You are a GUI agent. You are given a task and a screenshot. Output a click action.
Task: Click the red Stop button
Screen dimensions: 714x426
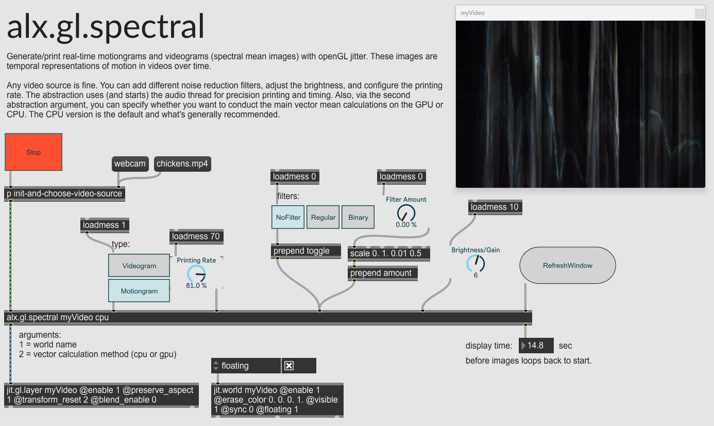tap(33, 152)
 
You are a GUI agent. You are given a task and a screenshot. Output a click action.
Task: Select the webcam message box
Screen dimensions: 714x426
tap(130, 164)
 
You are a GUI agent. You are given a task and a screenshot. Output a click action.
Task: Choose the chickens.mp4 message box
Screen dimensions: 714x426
tap(183, 164)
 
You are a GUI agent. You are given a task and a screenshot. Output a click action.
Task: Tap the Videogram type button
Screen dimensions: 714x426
tap(139, 266)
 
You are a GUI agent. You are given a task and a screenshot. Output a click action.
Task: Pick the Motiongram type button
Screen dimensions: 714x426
tap(139, 291)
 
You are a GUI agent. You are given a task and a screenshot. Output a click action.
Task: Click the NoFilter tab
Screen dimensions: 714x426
tap(288, 217)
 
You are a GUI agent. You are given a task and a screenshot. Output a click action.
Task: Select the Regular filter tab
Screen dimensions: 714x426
tap(324, 217)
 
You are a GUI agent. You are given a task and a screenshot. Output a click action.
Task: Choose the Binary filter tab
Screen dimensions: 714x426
tap(358, 217)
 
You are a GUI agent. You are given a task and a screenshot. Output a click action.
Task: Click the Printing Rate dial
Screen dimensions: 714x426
tap(196, 274)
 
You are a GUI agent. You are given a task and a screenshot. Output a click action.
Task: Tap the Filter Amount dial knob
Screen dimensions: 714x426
tap(406, 213)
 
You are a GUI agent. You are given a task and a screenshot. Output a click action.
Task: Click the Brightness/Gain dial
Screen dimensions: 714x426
tap(475, 264)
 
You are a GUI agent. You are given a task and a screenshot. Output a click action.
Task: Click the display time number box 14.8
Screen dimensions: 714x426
tap(536, 346)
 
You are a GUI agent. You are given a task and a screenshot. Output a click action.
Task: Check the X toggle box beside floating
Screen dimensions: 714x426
tap(289, 366)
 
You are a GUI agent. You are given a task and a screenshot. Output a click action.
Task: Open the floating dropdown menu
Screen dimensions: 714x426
tap(246, 366)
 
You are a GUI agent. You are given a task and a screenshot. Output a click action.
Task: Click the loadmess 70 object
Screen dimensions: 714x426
tap(196, 237)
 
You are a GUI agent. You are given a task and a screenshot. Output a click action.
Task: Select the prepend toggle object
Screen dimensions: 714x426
tap(306, 251)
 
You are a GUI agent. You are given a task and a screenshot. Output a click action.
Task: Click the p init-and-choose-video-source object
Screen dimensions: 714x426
tap(64, 194)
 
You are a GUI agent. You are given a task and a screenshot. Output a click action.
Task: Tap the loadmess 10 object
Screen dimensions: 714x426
tap(495, 207)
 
